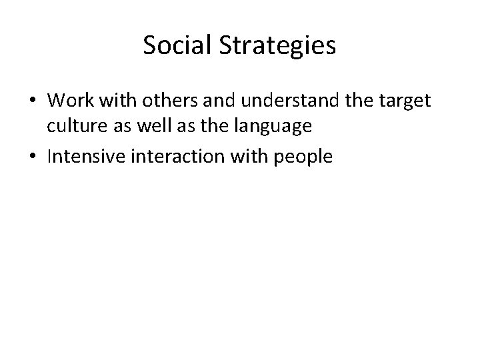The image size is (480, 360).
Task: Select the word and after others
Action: (x=219, y=101)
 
